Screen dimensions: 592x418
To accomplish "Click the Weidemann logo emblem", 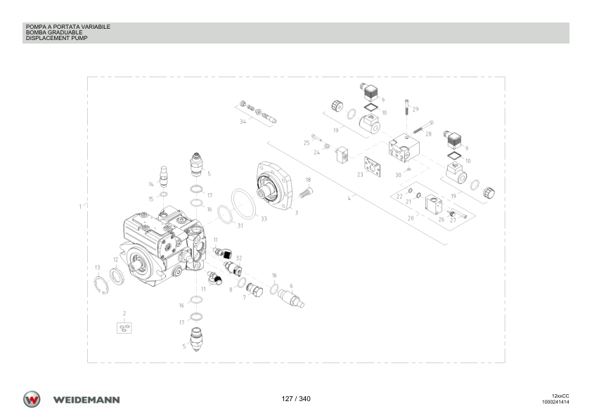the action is click(x=32, y=399).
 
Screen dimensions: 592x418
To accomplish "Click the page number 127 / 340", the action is click(x=296, y=399).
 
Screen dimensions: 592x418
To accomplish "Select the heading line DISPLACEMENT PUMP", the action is click(x=57, y=38).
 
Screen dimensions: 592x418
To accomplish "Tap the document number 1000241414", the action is click(x=555, y=402).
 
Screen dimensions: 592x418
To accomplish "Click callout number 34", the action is click(x=243, y=122).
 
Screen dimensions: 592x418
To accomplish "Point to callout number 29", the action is click(x=416, y=109).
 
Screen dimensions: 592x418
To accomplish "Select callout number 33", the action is click(x=264, y=218).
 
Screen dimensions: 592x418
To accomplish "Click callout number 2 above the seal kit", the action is click(x=124, y=313).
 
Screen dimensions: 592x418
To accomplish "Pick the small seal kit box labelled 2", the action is click(x=124, y=328).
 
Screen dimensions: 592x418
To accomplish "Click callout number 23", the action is click(x=360, y=175).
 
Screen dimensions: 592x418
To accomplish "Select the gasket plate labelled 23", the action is click(x=372, y=166).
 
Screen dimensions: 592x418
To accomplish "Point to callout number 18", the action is click(x=309, y=180).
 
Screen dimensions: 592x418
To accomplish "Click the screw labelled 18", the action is click(x=306, y=193).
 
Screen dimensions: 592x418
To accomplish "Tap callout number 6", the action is click(x=291, y=286).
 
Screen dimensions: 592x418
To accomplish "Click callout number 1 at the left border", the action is click(x=80, y=207).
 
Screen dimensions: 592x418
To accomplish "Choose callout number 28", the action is click(x=428, y=134).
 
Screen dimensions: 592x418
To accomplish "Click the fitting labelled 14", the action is click(x=164, y=176).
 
